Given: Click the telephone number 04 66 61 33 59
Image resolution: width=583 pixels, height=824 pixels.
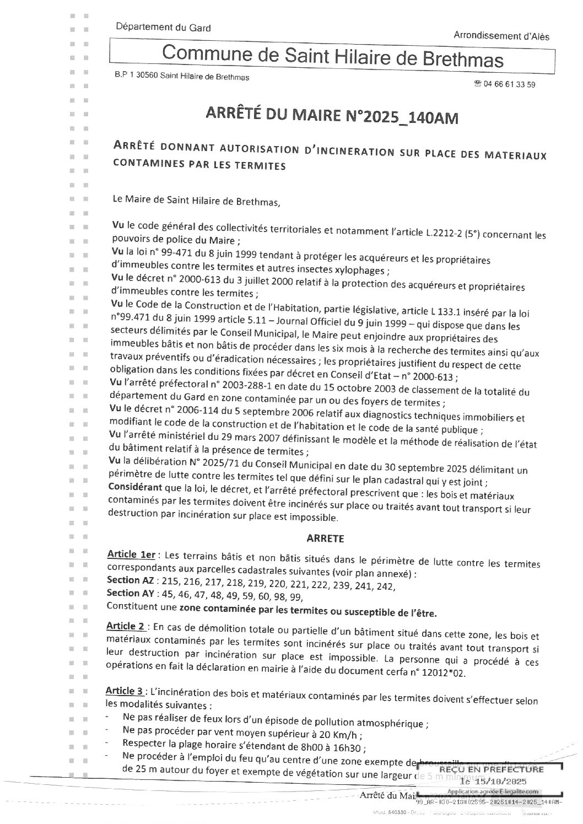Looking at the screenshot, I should point(509,84).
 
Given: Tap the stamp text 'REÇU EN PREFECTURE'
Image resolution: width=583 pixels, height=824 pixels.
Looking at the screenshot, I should point(479,769).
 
